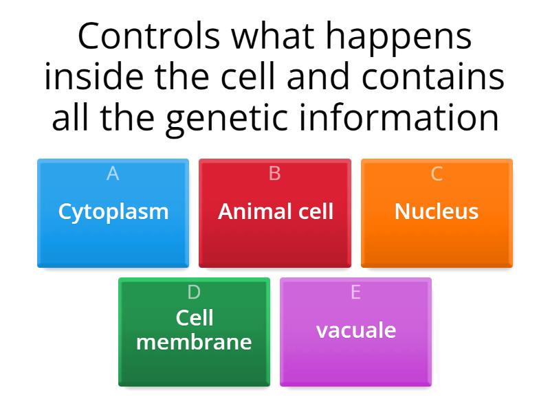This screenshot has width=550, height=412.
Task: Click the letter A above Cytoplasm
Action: [x=113, y=174]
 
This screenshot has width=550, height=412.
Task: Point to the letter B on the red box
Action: [x=275, y=174]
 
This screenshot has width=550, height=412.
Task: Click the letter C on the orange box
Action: [x=437, y=174]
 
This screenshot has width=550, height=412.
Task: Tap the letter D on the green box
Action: [x=194, y=293]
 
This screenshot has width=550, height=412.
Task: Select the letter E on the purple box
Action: [x=355, y=293]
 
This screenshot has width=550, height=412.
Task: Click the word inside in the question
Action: [x=88, y=77]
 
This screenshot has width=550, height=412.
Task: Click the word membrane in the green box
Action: [x=194, y=341]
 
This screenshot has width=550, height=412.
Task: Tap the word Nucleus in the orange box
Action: [x=437, y=211]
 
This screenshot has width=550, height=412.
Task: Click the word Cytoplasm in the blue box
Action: [x=113, y=211]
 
